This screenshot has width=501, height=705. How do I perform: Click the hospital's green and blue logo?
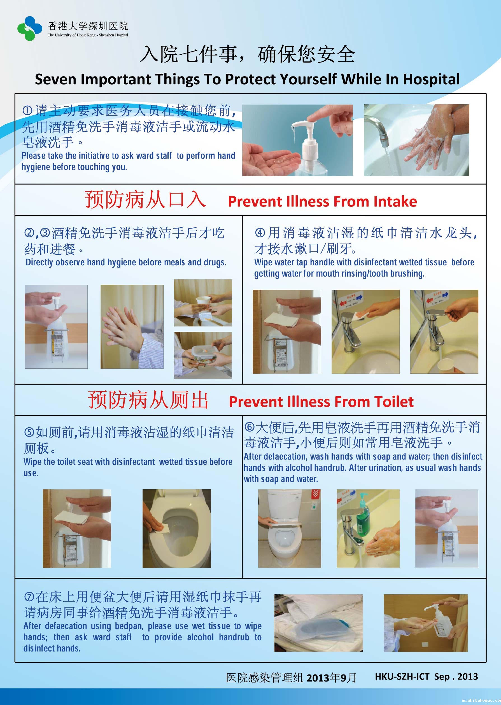[x=30, y=28]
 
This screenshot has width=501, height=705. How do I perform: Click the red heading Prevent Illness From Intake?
[x=322, y=201]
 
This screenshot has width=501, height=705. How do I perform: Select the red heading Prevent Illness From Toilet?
[x=321, y=402]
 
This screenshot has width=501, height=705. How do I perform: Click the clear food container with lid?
[x=202, y=353]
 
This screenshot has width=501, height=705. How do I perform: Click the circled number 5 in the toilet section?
[x=29, y=432]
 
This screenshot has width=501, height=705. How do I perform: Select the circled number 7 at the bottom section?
[x=29, y=597]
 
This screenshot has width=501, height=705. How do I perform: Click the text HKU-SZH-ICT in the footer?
[x=402, y=677]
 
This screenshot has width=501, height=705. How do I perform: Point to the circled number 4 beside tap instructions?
[x=260, y=232]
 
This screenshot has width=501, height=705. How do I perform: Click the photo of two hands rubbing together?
[x=132, y=326]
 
